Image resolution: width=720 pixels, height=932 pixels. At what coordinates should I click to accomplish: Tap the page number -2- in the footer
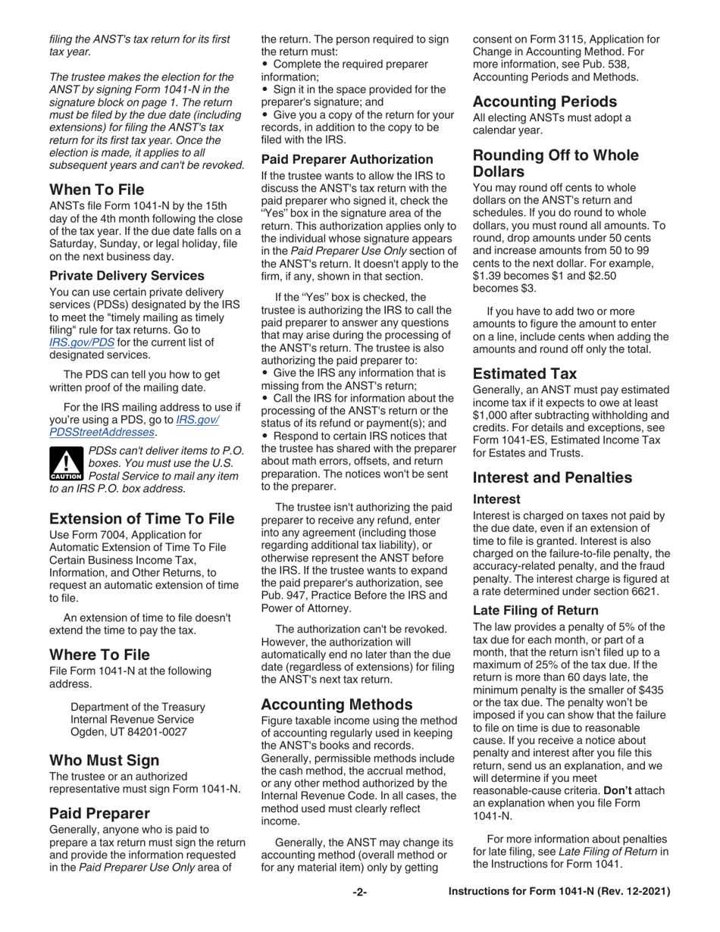359,914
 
